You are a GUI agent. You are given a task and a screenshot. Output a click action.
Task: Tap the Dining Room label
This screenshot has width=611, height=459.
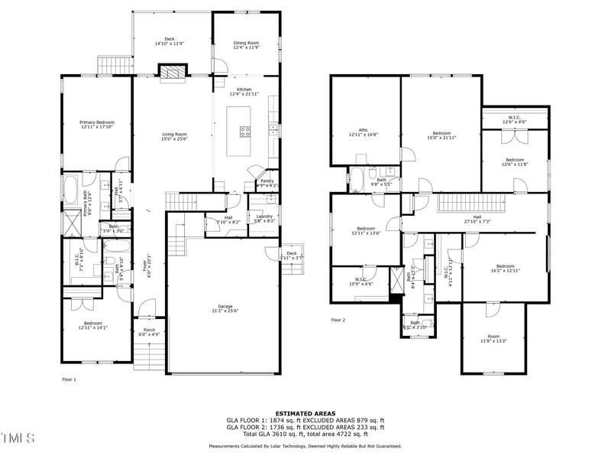click(245, 46)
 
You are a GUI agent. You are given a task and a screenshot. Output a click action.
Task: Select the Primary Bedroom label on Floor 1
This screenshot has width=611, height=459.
click(97, 125)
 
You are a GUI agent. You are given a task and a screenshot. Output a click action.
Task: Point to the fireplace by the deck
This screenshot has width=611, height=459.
click(172, 71)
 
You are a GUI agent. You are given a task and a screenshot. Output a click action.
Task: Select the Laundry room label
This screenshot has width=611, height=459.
click(265, 218)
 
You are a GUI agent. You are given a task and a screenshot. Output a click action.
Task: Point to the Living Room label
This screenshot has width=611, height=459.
click(174, 136)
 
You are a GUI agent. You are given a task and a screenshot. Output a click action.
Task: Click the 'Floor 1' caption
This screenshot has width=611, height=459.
click(69, 379)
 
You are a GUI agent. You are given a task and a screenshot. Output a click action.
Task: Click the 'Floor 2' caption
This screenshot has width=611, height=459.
click(338, 320)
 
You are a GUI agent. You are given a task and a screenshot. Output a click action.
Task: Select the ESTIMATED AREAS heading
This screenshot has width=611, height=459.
click(305, 413)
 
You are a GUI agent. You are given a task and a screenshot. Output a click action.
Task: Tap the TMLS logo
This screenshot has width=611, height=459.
click(18, 438)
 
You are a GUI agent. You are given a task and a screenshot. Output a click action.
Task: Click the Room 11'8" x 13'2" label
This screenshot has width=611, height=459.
click(494, 339)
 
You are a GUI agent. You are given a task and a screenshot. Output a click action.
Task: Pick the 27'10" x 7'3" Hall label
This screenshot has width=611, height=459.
click(477, 219)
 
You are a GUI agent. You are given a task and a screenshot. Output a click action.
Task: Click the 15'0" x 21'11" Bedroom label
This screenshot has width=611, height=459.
click(441, 135)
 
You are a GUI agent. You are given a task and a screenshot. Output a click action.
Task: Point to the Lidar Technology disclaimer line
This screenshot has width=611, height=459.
click(305, 445)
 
